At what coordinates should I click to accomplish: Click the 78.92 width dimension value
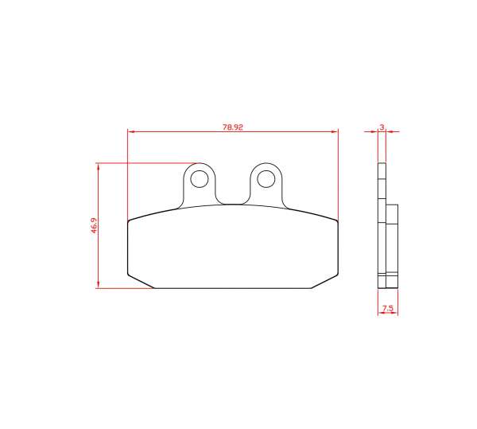(233, 127)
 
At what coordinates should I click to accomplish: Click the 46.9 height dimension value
(94, 225)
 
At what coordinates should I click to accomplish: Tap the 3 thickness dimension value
(382, 127)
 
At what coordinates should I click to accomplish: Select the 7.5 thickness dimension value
(388, 309)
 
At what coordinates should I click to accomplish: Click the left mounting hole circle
(200, 170)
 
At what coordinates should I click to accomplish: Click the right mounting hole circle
(266, 170)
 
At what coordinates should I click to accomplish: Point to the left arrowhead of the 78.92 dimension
(131, 132)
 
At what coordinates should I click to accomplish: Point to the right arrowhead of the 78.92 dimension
(335, 132)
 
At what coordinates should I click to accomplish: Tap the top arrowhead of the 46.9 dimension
(98, 166)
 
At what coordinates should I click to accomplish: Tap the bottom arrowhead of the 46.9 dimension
(98, 284)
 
